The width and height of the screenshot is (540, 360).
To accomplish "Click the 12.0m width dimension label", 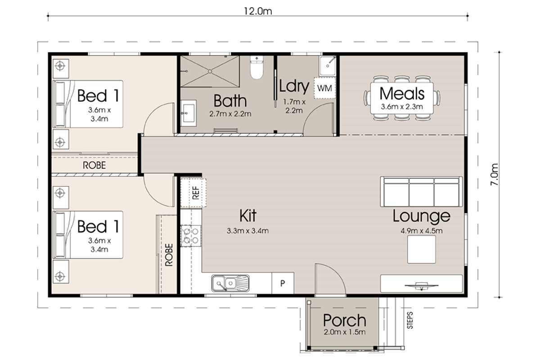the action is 258,11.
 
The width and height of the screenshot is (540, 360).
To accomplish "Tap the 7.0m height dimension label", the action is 494,174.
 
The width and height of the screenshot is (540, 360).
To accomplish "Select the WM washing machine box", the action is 325,88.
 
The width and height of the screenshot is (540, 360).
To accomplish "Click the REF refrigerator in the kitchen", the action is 193,193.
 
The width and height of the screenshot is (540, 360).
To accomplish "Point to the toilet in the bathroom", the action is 256,67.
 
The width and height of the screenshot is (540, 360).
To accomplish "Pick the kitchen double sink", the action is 230,283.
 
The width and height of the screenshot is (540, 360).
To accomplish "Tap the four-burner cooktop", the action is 191,236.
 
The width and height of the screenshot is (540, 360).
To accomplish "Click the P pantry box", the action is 283,283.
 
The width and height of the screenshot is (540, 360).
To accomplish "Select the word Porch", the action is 345,320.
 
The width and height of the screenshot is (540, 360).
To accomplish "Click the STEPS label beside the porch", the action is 410,320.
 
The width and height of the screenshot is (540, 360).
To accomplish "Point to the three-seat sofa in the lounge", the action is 421,192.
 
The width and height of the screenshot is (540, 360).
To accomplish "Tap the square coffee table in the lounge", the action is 421,249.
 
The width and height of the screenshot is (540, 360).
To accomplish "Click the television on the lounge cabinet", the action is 421,286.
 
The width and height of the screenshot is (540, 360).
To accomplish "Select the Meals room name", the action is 402,93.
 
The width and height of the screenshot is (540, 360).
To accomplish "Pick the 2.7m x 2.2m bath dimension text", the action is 230,114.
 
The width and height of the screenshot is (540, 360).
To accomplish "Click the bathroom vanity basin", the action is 189,113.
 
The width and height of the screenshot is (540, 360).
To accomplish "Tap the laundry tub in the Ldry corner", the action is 328,66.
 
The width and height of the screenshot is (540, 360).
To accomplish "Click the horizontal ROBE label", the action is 94,166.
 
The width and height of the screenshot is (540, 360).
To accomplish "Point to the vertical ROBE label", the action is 169,255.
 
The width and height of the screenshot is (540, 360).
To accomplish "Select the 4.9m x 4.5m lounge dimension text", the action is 421,231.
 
